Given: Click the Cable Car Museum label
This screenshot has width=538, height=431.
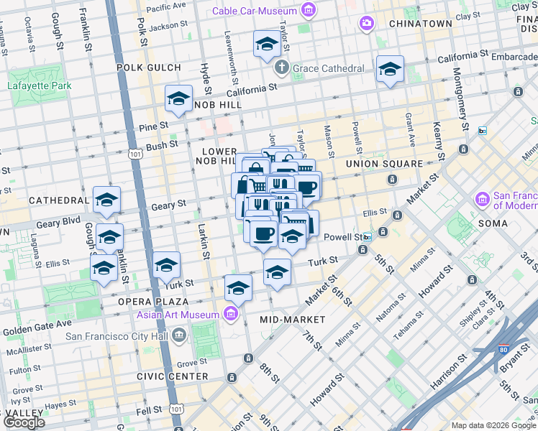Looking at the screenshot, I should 255,11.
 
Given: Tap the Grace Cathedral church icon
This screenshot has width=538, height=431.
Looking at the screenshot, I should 282,68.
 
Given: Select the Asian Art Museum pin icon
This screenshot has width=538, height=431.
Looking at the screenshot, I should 230,313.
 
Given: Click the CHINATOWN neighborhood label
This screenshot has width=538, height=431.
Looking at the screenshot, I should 420,24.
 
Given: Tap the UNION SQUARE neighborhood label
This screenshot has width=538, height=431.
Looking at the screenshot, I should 384,164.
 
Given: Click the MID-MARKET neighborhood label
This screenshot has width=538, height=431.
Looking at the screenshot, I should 292,319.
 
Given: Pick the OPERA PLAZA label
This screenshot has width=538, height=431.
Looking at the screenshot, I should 154,302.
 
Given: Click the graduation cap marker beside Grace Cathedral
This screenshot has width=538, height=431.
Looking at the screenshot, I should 267,44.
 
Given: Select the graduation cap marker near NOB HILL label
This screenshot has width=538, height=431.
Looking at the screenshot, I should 178,99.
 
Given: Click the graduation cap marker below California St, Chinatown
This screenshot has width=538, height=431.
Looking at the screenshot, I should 390,69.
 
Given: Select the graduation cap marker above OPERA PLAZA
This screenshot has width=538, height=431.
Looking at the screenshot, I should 166,265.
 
